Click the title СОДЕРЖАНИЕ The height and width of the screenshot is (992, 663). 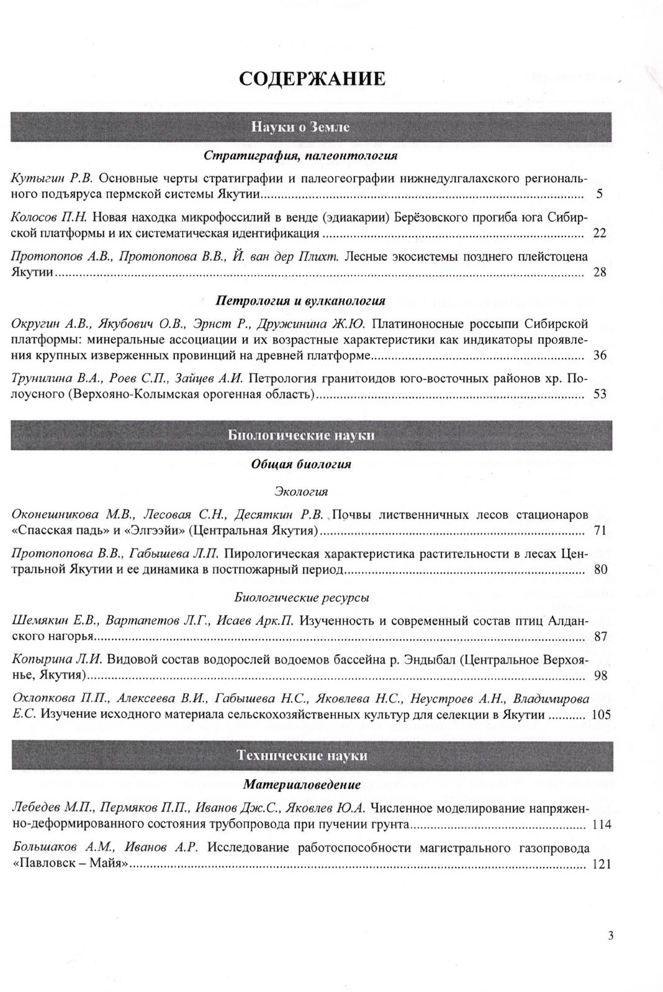[x=312, y=79]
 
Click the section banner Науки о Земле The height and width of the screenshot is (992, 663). [x=300, y=127]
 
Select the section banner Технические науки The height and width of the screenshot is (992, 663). [x=302, y=755]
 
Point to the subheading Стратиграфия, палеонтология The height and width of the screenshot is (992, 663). [x=300, y=155]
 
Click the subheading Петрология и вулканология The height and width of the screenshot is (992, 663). [x=300, y=301]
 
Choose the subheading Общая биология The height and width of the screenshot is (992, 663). [x=301, y=464]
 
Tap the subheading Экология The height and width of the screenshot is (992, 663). [x=301, y=492]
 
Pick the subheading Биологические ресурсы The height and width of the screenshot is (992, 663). [x=302, y=598]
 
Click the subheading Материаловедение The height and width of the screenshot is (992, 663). [x=302, y=785]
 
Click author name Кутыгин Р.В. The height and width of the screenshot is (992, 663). [x=53, y=179]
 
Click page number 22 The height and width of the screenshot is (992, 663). [x=599, y=233]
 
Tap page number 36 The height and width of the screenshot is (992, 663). [x=599, y=356]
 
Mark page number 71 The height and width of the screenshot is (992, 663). [x=599, y=531]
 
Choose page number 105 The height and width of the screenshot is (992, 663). [x=602, y=715]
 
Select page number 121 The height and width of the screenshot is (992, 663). [x=602, y=864]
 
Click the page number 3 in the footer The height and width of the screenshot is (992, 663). [x=611, y=936]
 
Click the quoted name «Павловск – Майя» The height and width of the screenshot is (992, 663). [x=70, y=864]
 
